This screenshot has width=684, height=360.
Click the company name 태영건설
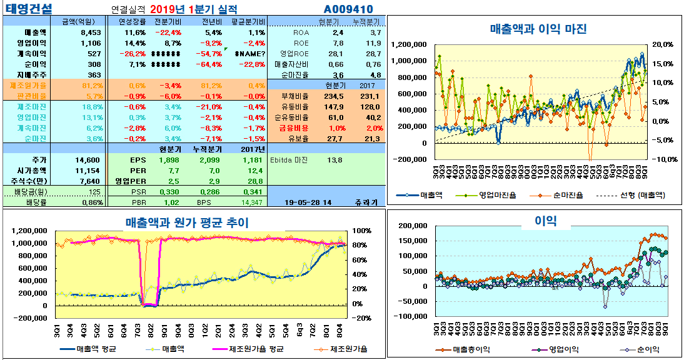(x=29, y=9)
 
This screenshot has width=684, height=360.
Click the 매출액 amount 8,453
(x=91, y=32)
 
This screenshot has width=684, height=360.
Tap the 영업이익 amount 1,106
(x=91, y=42)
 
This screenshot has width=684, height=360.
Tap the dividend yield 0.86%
(x=91, y=202)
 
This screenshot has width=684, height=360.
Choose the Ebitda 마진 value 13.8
(x=334, y=160)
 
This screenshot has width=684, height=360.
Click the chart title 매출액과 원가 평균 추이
(x=186, y=222)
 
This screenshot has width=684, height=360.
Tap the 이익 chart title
(x=546, y=219)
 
